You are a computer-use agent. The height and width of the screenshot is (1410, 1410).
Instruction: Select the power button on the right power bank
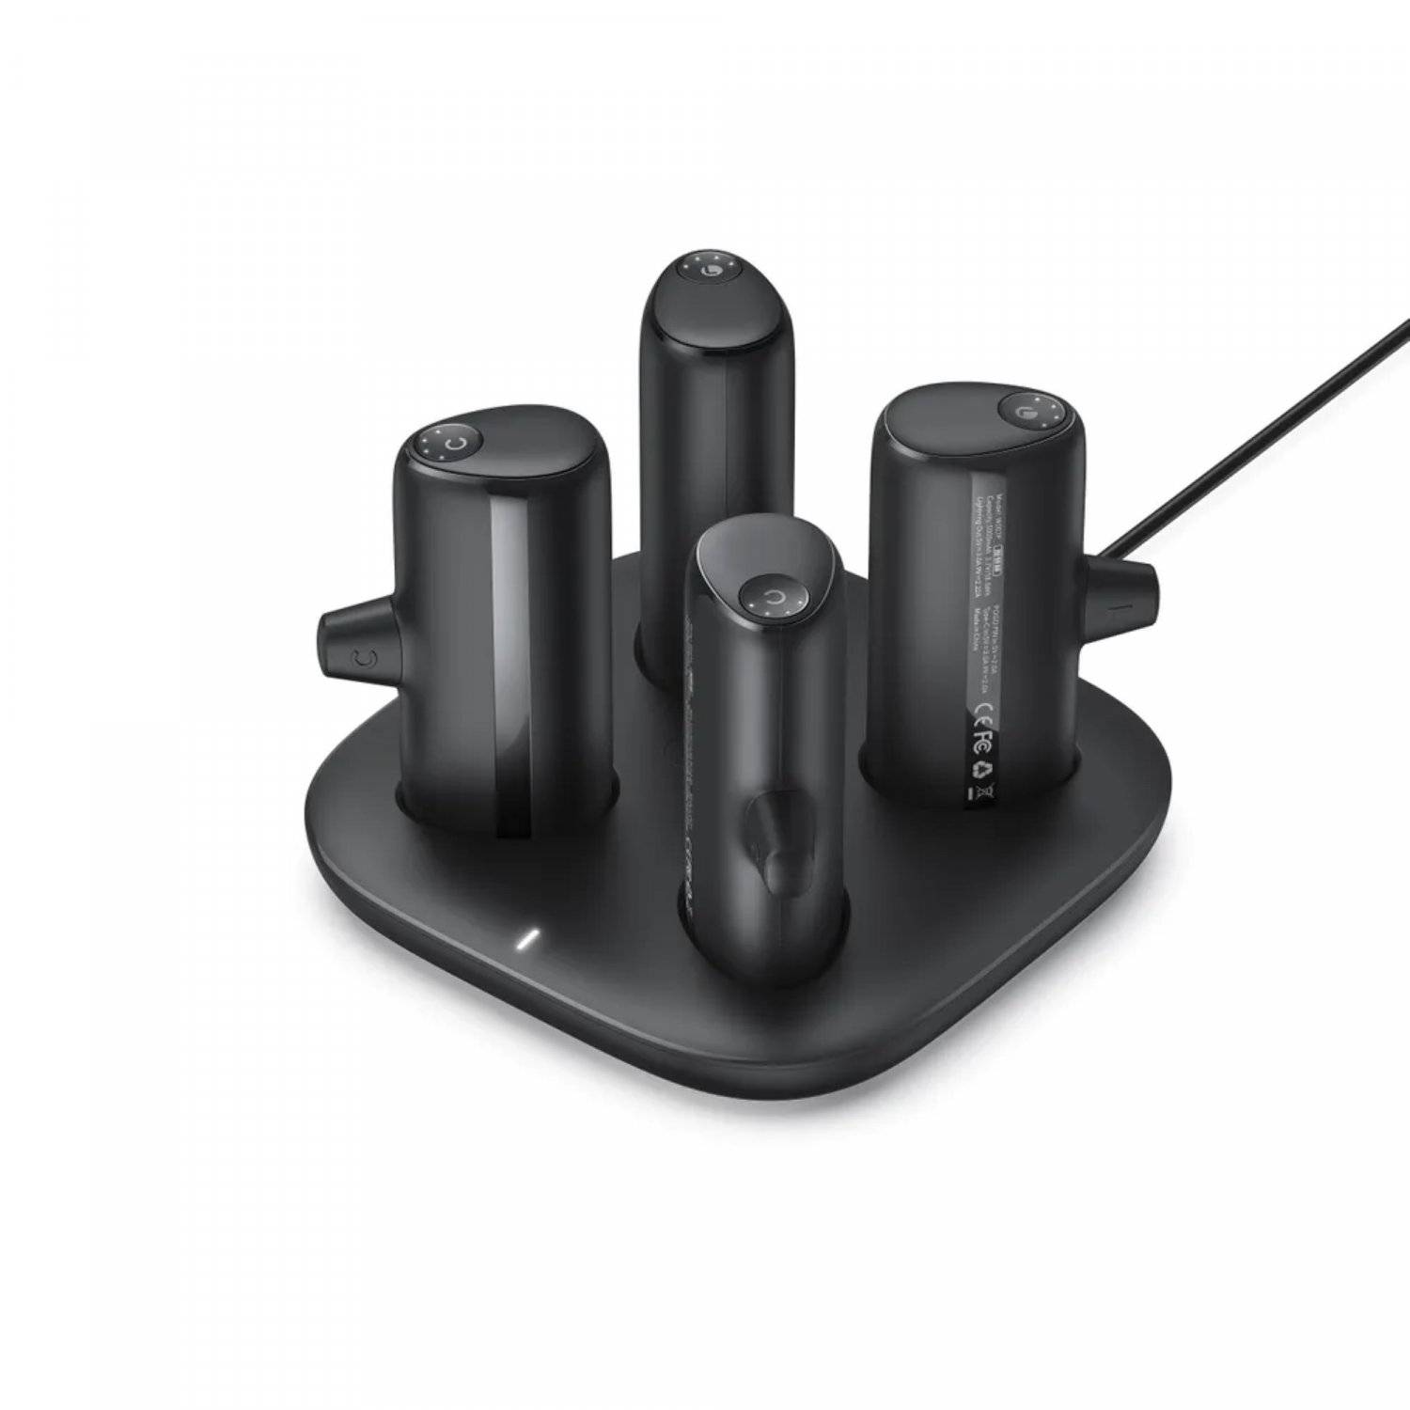point(1022,408)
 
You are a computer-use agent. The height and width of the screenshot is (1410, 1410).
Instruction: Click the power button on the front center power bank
point(771,597)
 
